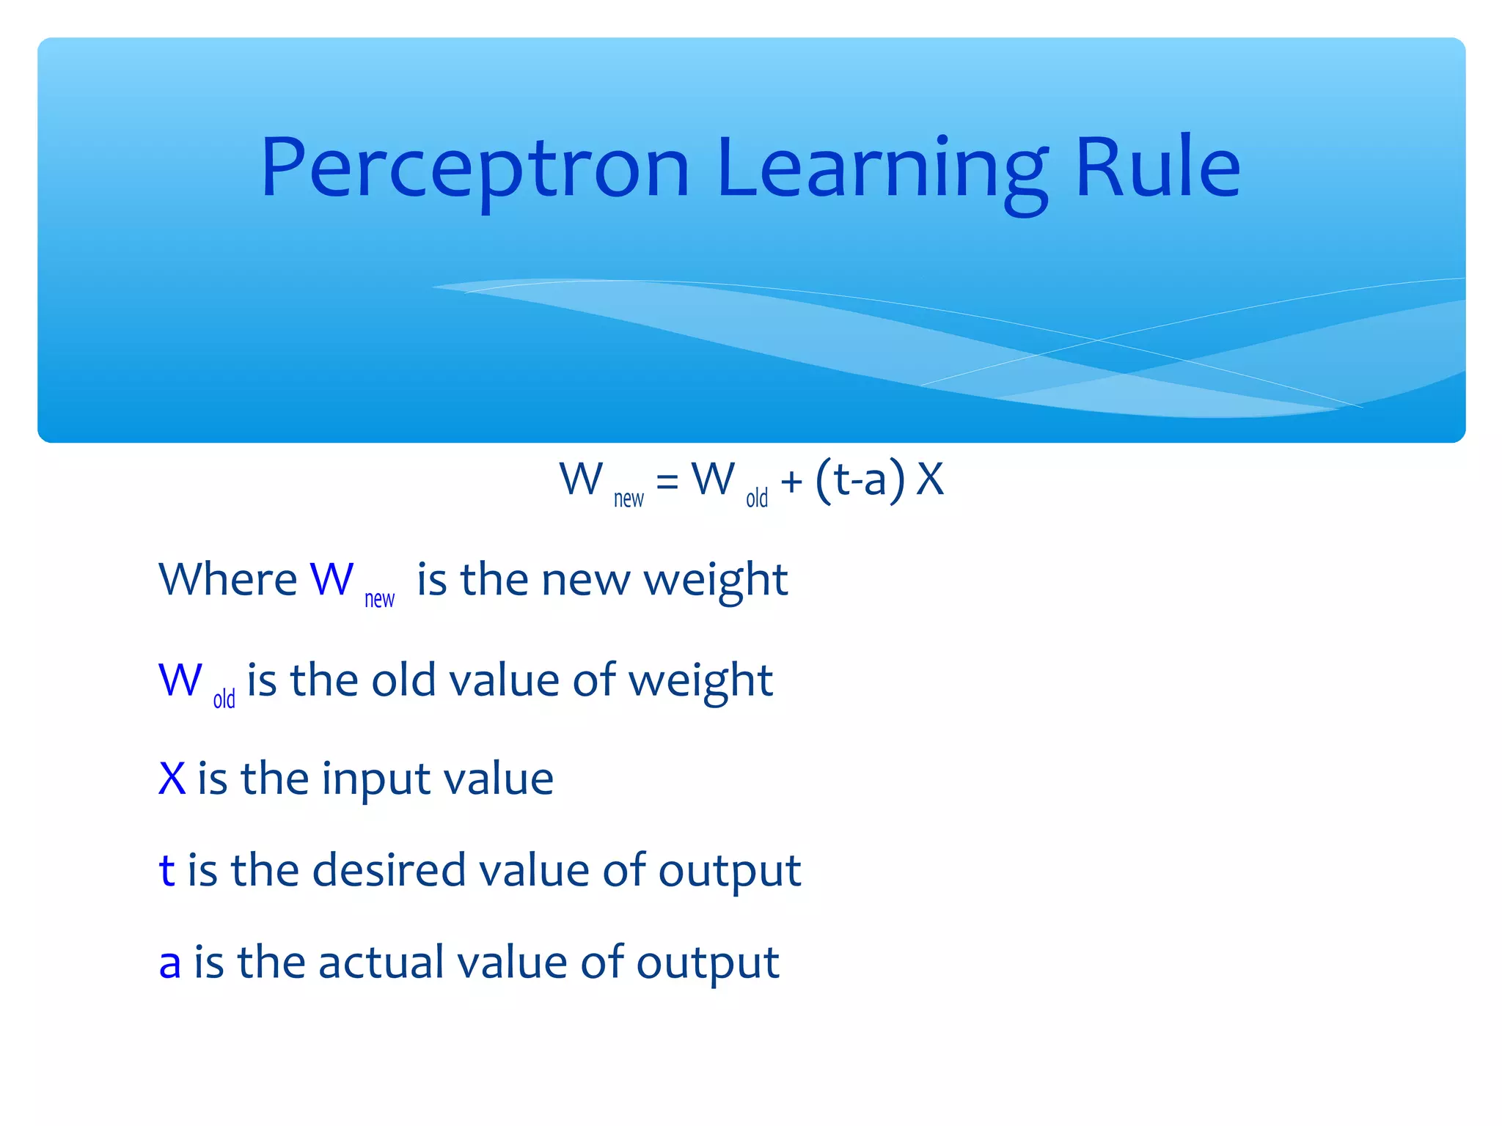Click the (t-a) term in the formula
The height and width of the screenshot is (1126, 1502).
coord(860,480)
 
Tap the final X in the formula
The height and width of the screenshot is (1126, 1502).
coord(930,480)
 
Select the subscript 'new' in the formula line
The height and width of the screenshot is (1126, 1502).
coord(629,499)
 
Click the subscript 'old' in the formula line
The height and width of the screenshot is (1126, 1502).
coord(757,498)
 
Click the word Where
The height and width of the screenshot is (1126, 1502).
coord(228,580)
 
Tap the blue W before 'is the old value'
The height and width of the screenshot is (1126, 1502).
coord(180,680)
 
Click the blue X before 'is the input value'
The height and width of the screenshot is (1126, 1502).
coord(172,779)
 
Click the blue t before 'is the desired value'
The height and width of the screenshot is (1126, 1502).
coord(166,871)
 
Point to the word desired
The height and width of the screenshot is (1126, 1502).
coord(389,871)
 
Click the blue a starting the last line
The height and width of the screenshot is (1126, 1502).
coord(169,963)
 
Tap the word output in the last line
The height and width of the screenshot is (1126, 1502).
coord(707,963)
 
